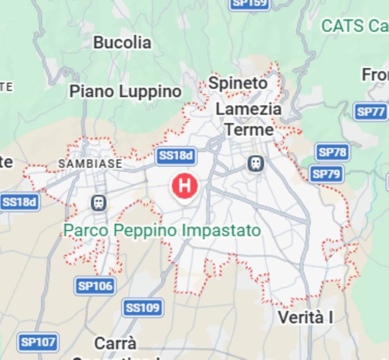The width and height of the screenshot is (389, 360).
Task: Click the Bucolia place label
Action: (x=122, y=43)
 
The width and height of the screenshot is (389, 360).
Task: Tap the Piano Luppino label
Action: (x=125, y=91)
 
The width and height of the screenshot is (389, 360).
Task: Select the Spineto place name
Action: (x=238, y=83)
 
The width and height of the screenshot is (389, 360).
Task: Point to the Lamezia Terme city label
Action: (x=249, y=120)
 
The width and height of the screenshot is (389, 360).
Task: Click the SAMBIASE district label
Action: (x=90, y=164)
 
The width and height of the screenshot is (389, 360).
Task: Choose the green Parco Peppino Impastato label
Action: (x=162, y=231)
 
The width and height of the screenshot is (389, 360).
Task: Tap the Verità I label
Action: (x=305, y=317)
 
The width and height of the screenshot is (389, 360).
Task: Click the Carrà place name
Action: (x=115, y=343)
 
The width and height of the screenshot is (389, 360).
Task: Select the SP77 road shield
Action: (x=370, y=112)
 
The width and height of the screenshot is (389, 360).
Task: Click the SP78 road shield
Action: (x=332, y=152)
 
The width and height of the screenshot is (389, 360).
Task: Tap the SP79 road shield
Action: (x=326, y=174)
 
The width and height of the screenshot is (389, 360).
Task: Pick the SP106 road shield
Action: (x=95, y=286)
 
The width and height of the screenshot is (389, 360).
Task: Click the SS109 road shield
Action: (x=144, y=308)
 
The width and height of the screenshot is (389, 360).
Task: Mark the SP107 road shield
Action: (x=38, y=342)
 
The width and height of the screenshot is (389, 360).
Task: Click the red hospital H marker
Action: (x=185, y=185)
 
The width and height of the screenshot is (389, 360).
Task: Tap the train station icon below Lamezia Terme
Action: (x=256, y=164)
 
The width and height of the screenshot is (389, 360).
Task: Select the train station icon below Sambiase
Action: (x=99, y=203)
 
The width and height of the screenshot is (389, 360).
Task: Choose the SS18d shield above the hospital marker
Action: (x=176, y=156)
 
